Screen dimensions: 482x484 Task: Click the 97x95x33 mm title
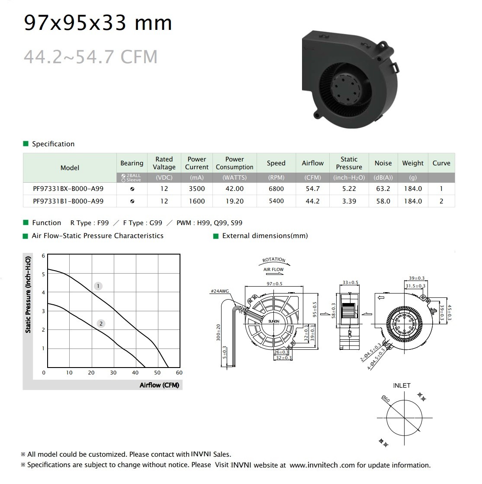tap(98, 23)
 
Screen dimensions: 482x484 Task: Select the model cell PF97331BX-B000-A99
tap(68, 189)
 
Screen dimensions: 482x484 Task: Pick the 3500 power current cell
tap(197, 189)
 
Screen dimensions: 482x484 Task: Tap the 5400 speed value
tap(276, 201)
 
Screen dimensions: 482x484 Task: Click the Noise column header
tap(383, 163)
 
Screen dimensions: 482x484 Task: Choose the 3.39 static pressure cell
tap(349, 201)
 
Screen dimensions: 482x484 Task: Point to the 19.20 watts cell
tap(235, 201)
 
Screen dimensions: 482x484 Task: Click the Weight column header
tap(413, 163)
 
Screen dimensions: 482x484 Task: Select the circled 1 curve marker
tap(98, 286)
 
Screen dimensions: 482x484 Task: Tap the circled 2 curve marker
tap(101, 324)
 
